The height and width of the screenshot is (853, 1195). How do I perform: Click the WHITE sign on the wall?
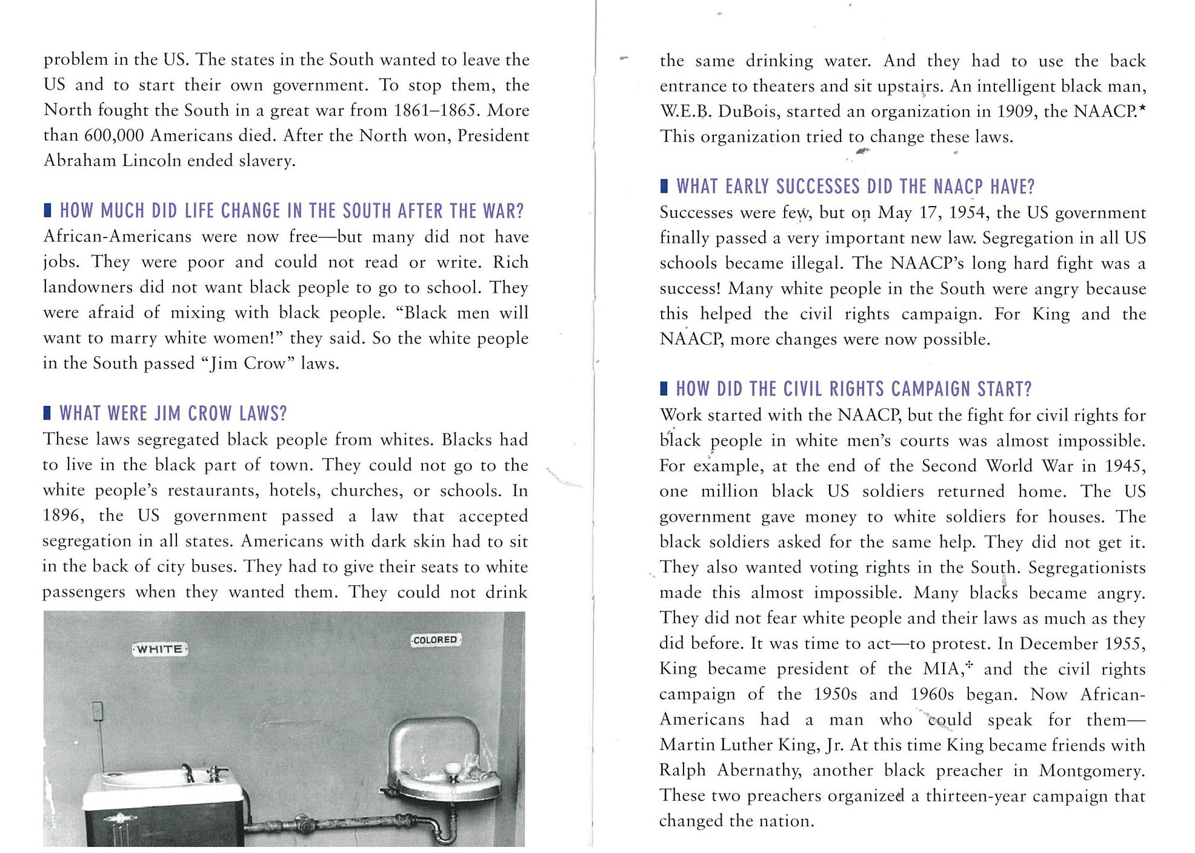[x=160, y=649]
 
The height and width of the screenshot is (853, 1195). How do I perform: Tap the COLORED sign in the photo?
[x=435, y=640]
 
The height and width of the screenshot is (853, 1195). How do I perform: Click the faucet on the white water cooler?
[x=188, y=772]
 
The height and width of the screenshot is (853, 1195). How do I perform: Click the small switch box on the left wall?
[x=97, y=712]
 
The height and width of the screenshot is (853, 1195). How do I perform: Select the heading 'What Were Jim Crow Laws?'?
[x=173, y=414]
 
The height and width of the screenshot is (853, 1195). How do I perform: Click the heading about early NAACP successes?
[x=855, y=187]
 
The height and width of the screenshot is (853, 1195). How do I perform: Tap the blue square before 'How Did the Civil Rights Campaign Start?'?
[x=664, y=388]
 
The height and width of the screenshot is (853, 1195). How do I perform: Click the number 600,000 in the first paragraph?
[x=113, y=135]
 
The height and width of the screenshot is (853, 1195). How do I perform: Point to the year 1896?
[x=63, y=516]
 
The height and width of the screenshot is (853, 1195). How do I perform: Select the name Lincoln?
[x=151, y=161]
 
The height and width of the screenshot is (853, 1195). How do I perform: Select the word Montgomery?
[x=1091, y=770]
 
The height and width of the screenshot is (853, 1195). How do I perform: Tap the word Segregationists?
[x=1087, y=568]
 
